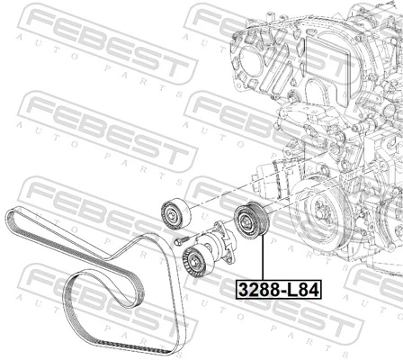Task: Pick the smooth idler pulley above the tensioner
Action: pyautogui.click(x=171, y=212)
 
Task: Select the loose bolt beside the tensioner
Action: pyautogui.click(x=181, y=240)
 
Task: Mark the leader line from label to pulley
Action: pyautogui.click(x=260, y=261)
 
